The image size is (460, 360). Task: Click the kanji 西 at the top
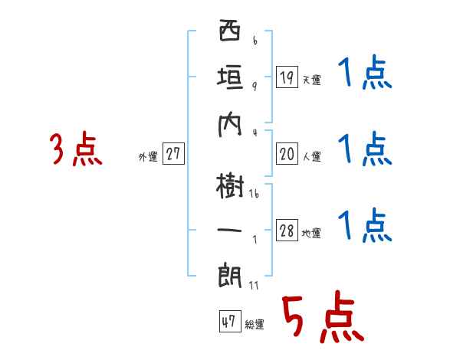229,35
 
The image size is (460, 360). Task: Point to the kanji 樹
229,184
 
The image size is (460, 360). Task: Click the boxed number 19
287,77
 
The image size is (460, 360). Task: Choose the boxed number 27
173,155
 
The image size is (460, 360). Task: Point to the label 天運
310,80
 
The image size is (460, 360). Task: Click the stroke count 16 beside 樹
254,195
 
